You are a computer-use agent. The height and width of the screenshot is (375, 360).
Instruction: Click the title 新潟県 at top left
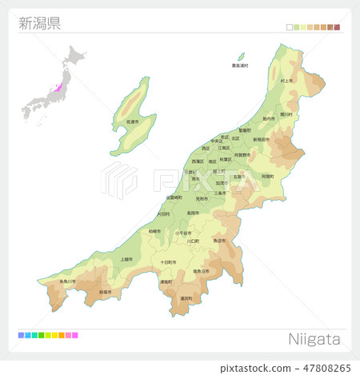point(39,22)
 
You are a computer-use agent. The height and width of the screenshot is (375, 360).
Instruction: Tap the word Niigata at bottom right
point(313,339)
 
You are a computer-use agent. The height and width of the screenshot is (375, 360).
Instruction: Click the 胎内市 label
point(269,118)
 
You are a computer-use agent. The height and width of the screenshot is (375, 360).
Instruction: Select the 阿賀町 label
point(266,176)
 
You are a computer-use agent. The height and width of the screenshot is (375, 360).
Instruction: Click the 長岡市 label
point(194,213)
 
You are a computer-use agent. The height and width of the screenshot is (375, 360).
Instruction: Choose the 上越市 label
point(126,259)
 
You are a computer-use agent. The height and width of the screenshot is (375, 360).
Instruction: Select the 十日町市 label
point(167,262)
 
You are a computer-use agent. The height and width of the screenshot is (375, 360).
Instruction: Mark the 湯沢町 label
point(186,298)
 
